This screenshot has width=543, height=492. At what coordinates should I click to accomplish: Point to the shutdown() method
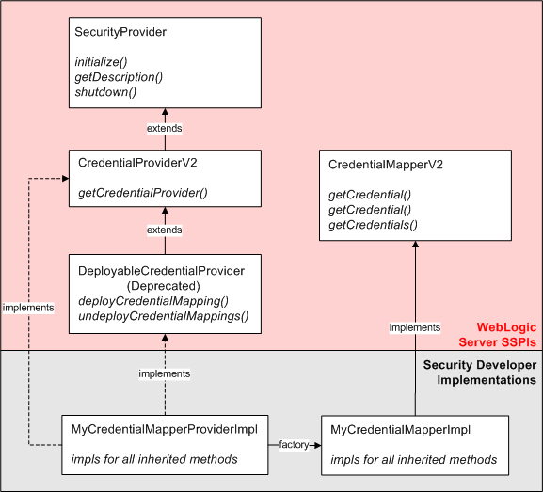pos(105,92)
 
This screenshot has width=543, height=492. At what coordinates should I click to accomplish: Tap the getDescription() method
pos(118,76)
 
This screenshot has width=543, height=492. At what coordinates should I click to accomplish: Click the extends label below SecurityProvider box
pos(165,127)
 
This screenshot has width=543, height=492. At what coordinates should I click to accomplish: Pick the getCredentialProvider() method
pos(143,193)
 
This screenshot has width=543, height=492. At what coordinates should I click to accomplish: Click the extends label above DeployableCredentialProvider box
pos(165,230)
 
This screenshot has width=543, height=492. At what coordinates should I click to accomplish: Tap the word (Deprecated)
pos(164,285)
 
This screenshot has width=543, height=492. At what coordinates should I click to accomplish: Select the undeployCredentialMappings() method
pos(164,316)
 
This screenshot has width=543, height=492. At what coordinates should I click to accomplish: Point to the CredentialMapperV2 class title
pos(386,165)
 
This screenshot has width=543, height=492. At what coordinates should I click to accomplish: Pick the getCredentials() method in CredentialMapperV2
pos(373,225)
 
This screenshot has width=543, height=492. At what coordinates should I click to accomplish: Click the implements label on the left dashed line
pos(28,308)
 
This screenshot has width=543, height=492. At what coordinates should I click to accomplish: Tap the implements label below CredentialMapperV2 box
pos(415,327)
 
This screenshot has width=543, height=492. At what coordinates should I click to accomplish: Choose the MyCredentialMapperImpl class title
pos(401,430)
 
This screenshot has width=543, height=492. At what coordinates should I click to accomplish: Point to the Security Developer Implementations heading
pos(480,372)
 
